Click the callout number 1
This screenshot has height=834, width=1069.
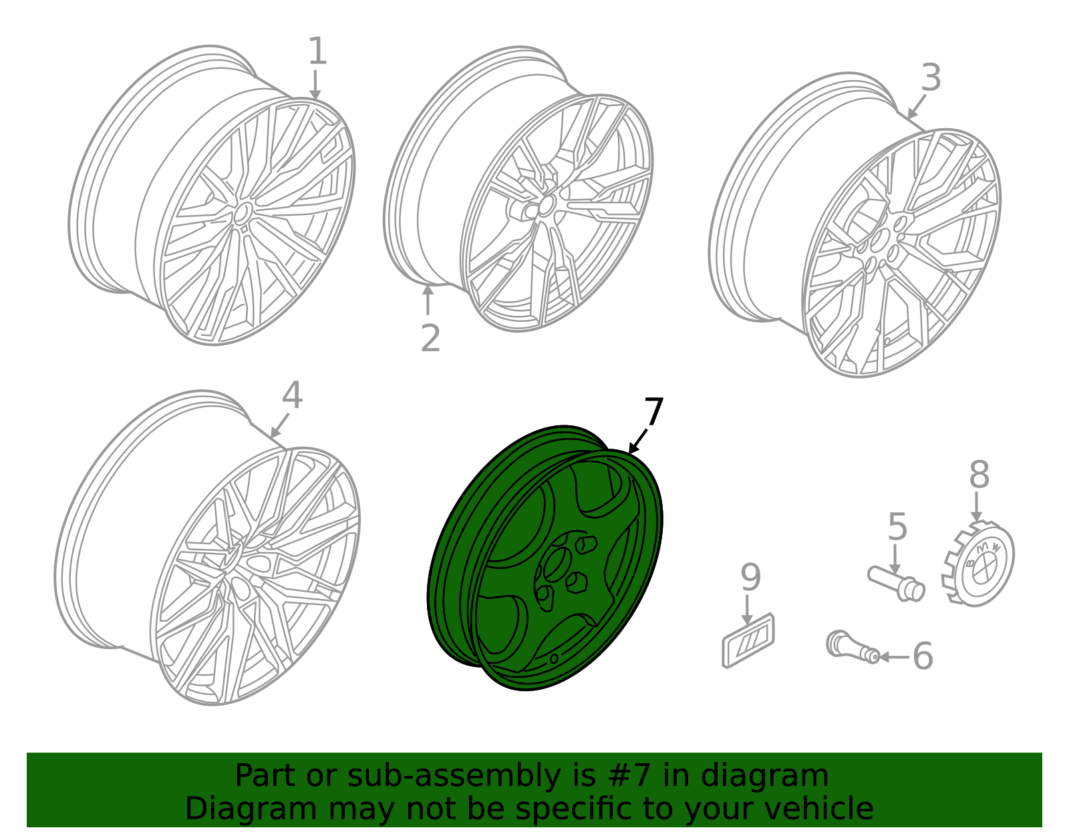pos(317,51)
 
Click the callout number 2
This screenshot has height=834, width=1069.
pos(430,339)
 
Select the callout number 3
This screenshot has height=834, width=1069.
pos(931,78)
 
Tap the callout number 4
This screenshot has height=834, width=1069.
pos(292,396)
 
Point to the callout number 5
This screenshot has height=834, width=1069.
pos(897,527)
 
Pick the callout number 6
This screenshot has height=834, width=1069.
pos(923,656)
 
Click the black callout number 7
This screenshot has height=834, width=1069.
pos(653,412)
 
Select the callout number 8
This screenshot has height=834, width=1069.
pos(979,475)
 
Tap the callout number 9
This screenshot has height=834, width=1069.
pos(750,578)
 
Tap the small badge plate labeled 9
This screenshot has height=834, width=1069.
pos(748,640)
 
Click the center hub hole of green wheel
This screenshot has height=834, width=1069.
pos(555,566)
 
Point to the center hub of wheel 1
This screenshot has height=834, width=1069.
pos(241,212)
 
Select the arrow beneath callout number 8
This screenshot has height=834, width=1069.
pos(977,507)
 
